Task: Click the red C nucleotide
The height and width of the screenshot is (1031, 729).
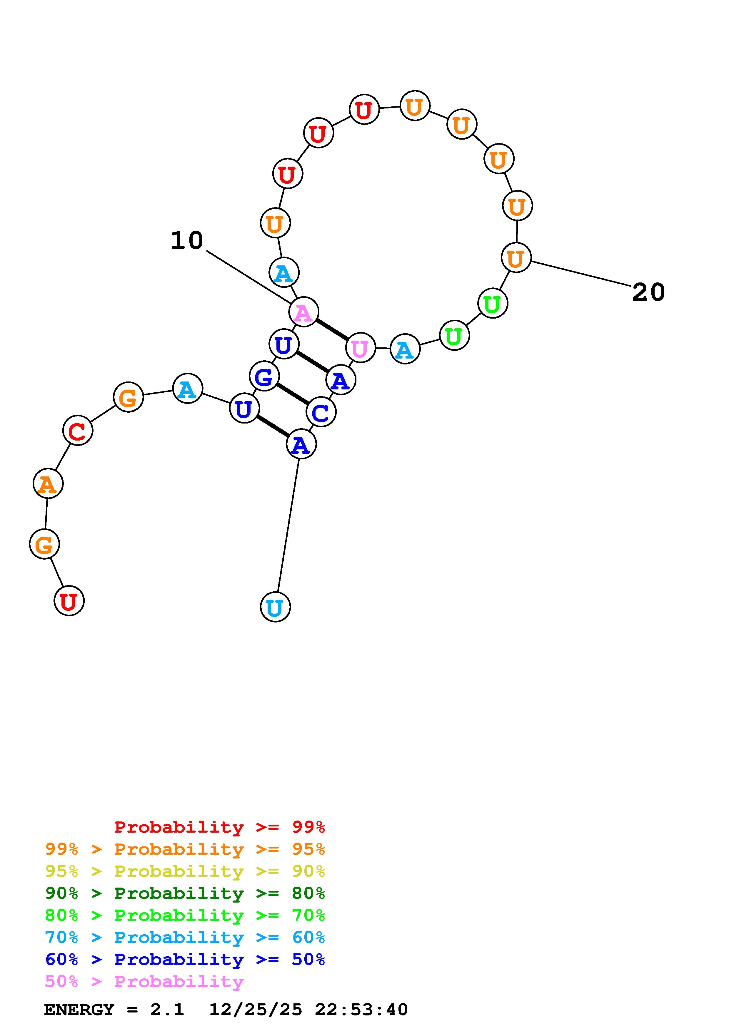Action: coord(78,431)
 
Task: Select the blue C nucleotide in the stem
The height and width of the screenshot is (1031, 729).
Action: coord(321,412)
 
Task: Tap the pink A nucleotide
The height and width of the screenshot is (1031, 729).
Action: coord(304,312)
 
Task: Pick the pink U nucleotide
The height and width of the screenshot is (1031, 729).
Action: coord(360,348)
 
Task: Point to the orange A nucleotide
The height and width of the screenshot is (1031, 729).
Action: coord(48,484)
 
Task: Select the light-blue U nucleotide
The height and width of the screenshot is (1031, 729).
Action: coord(275,607)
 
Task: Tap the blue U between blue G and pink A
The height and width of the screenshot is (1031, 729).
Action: coord(283,344)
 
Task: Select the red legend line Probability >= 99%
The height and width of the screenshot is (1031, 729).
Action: coord(219,827)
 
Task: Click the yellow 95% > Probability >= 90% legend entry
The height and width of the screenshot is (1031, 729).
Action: coord(185,871)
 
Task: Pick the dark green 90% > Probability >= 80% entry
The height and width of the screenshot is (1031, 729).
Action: coord(185,893)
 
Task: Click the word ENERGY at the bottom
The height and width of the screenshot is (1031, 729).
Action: coord(79,1010)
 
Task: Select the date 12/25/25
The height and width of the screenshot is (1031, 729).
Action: coord(256,1010)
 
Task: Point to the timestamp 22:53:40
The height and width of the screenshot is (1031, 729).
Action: coord(361,1010)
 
